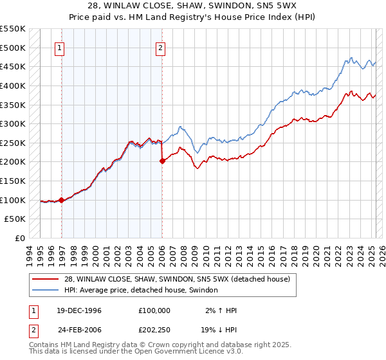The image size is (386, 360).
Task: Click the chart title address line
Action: [x=193, y=6]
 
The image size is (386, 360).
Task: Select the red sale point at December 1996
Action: [x=62, y=200]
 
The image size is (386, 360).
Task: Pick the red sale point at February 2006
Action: [x=162, y=161]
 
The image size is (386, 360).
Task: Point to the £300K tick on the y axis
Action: [x=14, y=123]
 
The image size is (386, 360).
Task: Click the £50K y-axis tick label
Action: [x=15, y=219]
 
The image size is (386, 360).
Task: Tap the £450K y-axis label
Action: [x=14, y=66]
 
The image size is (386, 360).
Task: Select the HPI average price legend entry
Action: [x=141, y=291]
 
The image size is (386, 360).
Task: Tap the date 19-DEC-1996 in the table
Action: [x=75, y=310]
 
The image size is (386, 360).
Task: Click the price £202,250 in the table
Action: [x=154, y=330]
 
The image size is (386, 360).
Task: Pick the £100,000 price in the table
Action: [x=154, y=310]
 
